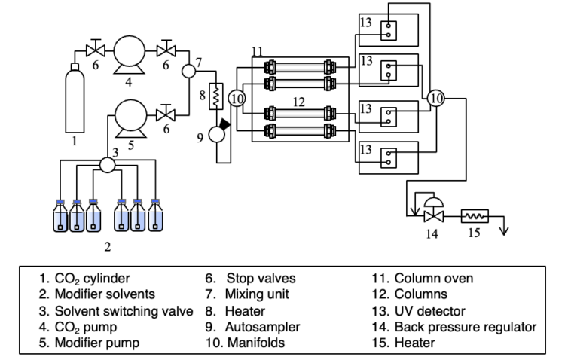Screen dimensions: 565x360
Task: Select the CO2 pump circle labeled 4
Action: pos(130,51)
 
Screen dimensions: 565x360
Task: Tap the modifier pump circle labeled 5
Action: pos(130,115)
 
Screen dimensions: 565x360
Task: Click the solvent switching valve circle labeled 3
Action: pos(107,165)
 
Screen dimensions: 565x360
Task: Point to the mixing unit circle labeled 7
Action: pos(188,71)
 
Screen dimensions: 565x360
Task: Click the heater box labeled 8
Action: pos(216,96)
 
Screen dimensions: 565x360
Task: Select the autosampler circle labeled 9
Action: pos(216,134)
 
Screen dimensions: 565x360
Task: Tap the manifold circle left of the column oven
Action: pos(237,98)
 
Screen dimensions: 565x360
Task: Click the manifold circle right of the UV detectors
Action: pos(436,98)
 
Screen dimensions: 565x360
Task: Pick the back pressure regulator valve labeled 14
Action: pos(433,210)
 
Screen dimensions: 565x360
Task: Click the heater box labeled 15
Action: pos(475,216)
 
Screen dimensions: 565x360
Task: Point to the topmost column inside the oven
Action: pos(300,67)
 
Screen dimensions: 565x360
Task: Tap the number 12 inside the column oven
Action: pos(299,102)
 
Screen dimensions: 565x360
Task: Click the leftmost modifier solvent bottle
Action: pos(60,215)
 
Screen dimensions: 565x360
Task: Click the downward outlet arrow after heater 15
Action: pos(505,226)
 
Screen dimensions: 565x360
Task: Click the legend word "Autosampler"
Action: pos(262,327)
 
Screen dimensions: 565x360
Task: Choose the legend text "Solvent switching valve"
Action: pos(124,311)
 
